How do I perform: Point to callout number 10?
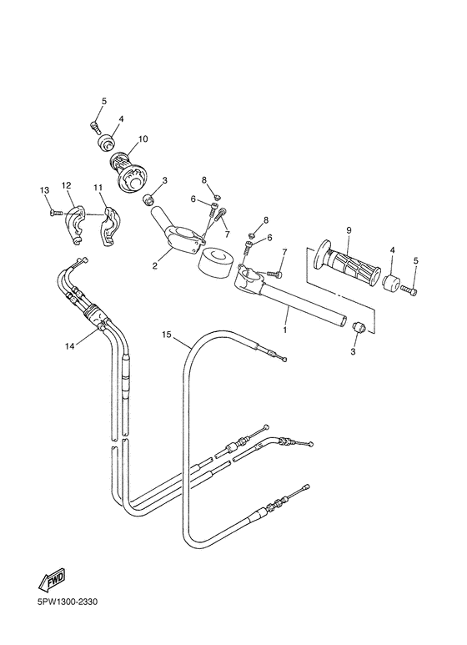(143, 139)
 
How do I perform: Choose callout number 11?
(98, 187)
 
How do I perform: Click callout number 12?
(67, 185)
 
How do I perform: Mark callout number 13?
(44, 191)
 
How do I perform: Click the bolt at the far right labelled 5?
(409, 290)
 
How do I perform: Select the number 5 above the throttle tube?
(104, 102)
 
